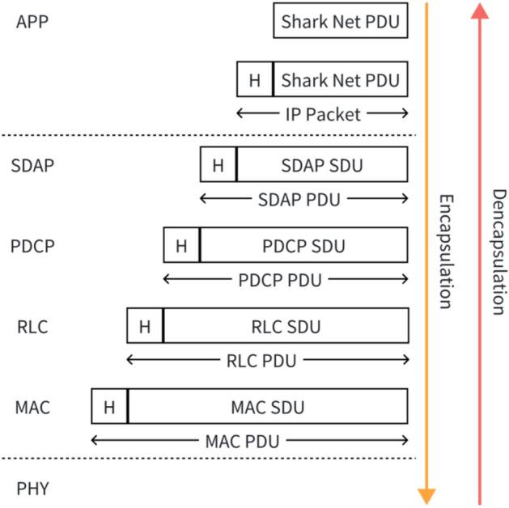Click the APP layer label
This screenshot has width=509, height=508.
coord(32,21)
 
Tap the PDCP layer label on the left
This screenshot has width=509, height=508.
coord(34,246)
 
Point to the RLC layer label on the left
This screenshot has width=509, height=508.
coord(32,327)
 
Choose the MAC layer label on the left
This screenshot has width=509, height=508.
coord(32,407)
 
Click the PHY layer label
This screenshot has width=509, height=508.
coord(32,488)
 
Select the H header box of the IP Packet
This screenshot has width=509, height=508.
coord(255,81)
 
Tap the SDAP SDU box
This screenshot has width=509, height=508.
coord(322,165)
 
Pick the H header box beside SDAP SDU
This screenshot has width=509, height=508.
coord(218,165)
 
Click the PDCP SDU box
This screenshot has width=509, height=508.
coord(303,245)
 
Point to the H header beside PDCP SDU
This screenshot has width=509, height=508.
coord(181,245)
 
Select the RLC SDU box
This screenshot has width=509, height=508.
coord(286,326)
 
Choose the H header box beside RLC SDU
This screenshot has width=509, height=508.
coord(145,326)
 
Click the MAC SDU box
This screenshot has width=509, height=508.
coord(268,406)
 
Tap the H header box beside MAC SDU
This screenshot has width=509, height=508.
coord(109,406)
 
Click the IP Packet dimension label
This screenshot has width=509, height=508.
coord(322,115)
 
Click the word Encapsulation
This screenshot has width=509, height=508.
coord(444,251)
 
